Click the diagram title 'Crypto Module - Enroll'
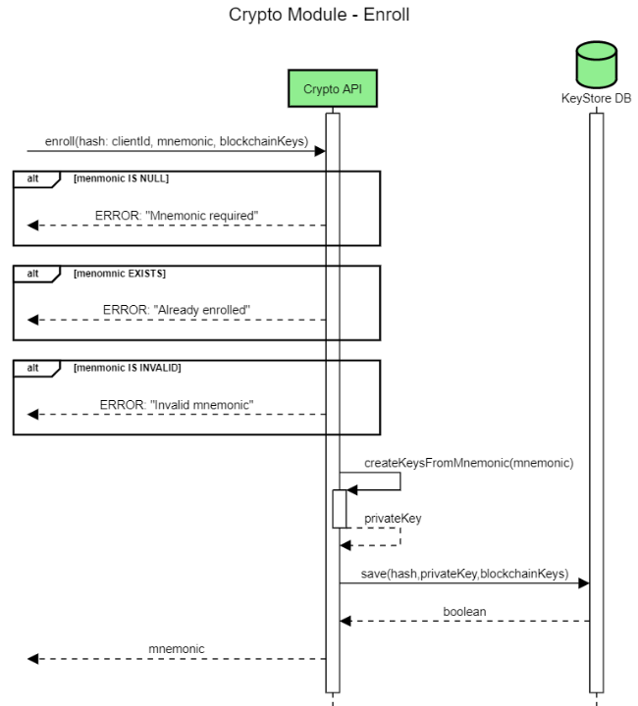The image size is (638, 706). [319, 16]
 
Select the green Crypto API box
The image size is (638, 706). [333, 88]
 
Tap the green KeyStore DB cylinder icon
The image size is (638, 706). [596, 64]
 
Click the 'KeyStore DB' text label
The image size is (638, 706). [596, 98]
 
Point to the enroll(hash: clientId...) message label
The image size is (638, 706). [177, 142]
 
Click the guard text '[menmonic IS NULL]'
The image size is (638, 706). [120, 178]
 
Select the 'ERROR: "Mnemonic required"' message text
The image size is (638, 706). [177, 215]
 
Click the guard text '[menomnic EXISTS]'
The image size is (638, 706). [118, 274]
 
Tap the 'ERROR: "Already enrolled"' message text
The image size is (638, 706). [177, 310]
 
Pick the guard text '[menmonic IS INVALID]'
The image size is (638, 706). [127, 368]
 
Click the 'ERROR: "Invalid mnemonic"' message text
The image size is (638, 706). [177, 404]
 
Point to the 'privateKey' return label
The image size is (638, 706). [393, 518]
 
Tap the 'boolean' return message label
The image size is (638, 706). [464, 610]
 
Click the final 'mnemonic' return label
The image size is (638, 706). [177, 648]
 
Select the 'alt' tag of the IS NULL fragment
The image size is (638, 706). [33, 178]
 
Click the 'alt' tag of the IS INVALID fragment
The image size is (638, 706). [33, 368]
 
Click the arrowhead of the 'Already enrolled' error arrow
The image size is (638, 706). [33, 320]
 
